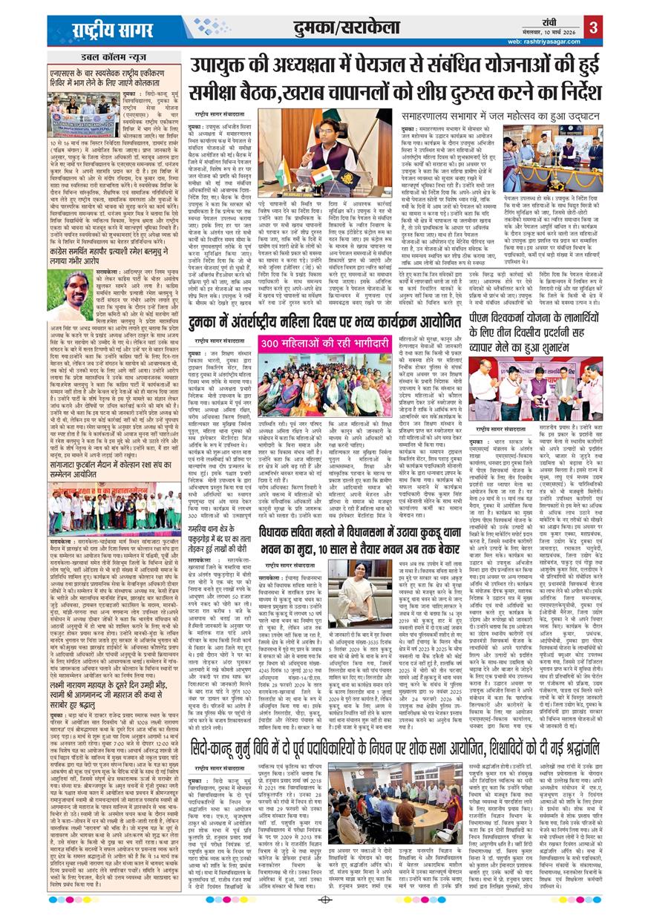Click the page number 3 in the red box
(594, 29)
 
